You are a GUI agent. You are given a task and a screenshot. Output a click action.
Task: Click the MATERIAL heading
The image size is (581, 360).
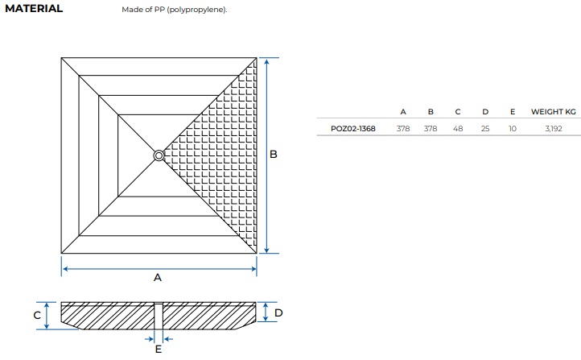point(34,9)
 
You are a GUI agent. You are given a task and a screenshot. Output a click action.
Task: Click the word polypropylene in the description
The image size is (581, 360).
point(195,10)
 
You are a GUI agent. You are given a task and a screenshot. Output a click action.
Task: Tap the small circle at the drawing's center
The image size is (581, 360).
point(159,155)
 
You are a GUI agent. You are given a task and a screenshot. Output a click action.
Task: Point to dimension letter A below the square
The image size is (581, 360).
point(158,277)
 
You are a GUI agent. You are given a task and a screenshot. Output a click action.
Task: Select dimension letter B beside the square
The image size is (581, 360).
point(274,155)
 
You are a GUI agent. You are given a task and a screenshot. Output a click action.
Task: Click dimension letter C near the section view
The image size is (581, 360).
point(37,315)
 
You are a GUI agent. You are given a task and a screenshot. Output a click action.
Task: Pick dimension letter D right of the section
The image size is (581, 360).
point(278,313)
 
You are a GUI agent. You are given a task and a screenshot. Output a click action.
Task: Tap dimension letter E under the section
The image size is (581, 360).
point(159,349)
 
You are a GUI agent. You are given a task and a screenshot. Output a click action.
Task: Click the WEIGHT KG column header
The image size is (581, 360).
point(553,112)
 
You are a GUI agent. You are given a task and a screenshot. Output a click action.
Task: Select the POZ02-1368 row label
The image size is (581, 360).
point(352,129)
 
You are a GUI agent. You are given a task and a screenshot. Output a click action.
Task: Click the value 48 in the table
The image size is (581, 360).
point(458,129)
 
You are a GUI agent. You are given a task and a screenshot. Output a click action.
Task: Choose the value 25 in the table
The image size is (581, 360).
point(485,129)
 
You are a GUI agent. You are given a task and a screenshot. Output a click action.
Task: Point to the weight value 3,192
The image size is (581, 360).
point(553,129)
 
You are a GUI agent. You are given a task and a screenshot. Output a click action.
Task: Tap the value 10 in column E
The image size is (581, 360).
point(513,129)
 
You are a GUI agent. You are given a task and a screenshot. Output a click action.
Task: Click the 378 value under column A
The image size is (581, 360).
point(403,129)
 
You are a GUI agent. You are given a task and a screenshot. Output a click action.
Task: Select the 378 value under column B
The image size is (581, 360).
point(431,129)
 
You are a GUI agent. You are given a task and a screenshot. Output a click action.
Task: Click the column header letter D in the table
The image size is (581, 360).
point(485,112)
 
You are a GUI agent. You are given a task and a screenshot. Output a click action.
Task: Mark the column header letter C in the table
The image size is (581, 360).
point(458,112)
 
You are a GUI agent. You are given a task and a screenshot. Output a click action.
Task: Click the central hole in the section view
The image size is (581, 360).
point(159,316)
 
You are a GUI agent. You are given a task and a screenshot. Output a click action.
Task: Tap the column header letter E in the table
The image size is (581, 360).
point(513,112)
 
